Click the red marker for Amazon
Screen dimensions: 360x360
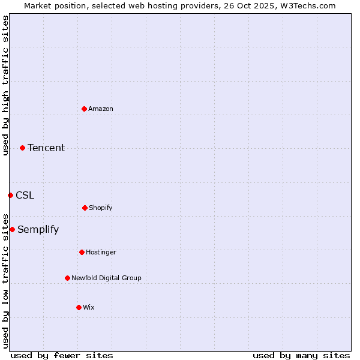84,109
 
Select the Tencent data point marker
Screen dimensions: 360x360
22,148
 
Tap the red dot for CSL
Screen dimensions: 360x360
10,195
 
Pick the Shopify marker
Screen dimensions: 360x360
85,208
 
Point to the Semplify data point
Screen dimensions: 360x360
12,229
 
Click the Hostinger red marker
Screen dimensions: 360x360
82,252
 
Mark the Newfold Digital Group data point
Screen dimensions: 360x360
67,278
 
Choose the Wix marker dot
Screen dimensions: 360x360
79,307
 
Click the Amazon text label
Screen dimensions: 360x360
101,109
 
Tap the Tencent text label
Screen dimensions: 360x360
46,148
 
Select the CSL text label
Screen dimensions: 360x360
25,195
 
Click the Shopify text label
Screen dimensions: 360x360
101,208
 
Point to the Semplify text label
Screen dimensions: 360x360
38,229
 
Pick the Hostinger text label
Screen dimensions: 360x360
101,252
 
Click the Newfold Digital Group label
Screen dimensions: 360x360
107,278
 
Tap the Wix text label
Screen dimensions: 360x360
89,307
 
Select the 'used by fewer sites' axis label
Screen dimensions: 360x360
62,355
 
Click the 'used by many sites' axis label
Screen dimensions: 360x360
301,355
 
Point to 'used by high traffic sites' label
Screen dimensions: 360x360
5,85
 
